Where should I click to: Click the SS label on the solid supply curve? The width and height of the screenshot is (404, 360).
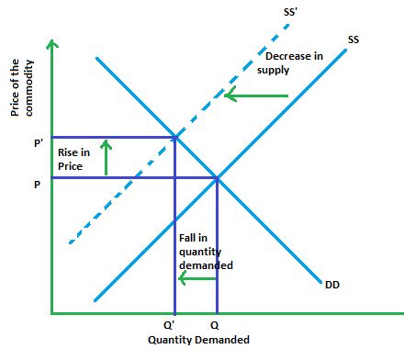point(353,39)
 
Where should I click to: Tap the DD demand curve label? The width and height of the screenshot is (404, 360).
point(331,284)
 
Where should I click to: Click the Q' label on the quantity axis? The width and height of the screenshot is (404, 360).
point(172,325)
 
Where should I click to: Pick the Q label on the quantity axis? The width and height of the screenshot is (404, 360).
point(216,325)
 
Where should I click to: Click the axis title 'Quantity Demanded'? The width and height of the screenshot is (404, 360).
point(198,340)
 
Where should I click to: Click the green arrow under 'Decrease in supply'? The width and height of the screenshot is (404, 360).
point(257,95)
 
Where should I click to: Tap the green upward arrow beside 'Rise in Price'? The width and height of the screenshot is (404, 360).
point(106,156)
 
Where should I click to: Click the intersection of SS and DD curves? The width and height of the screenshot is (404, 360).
point(217,178)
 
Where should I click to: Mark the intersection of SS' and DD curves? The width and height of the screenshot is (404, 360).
point(174,138)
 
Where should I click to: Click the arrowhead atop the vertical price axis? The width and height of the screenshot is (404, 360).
point(53,43)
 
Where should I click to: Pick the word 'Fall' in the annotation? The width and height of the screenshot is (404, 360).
point(187,239)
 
